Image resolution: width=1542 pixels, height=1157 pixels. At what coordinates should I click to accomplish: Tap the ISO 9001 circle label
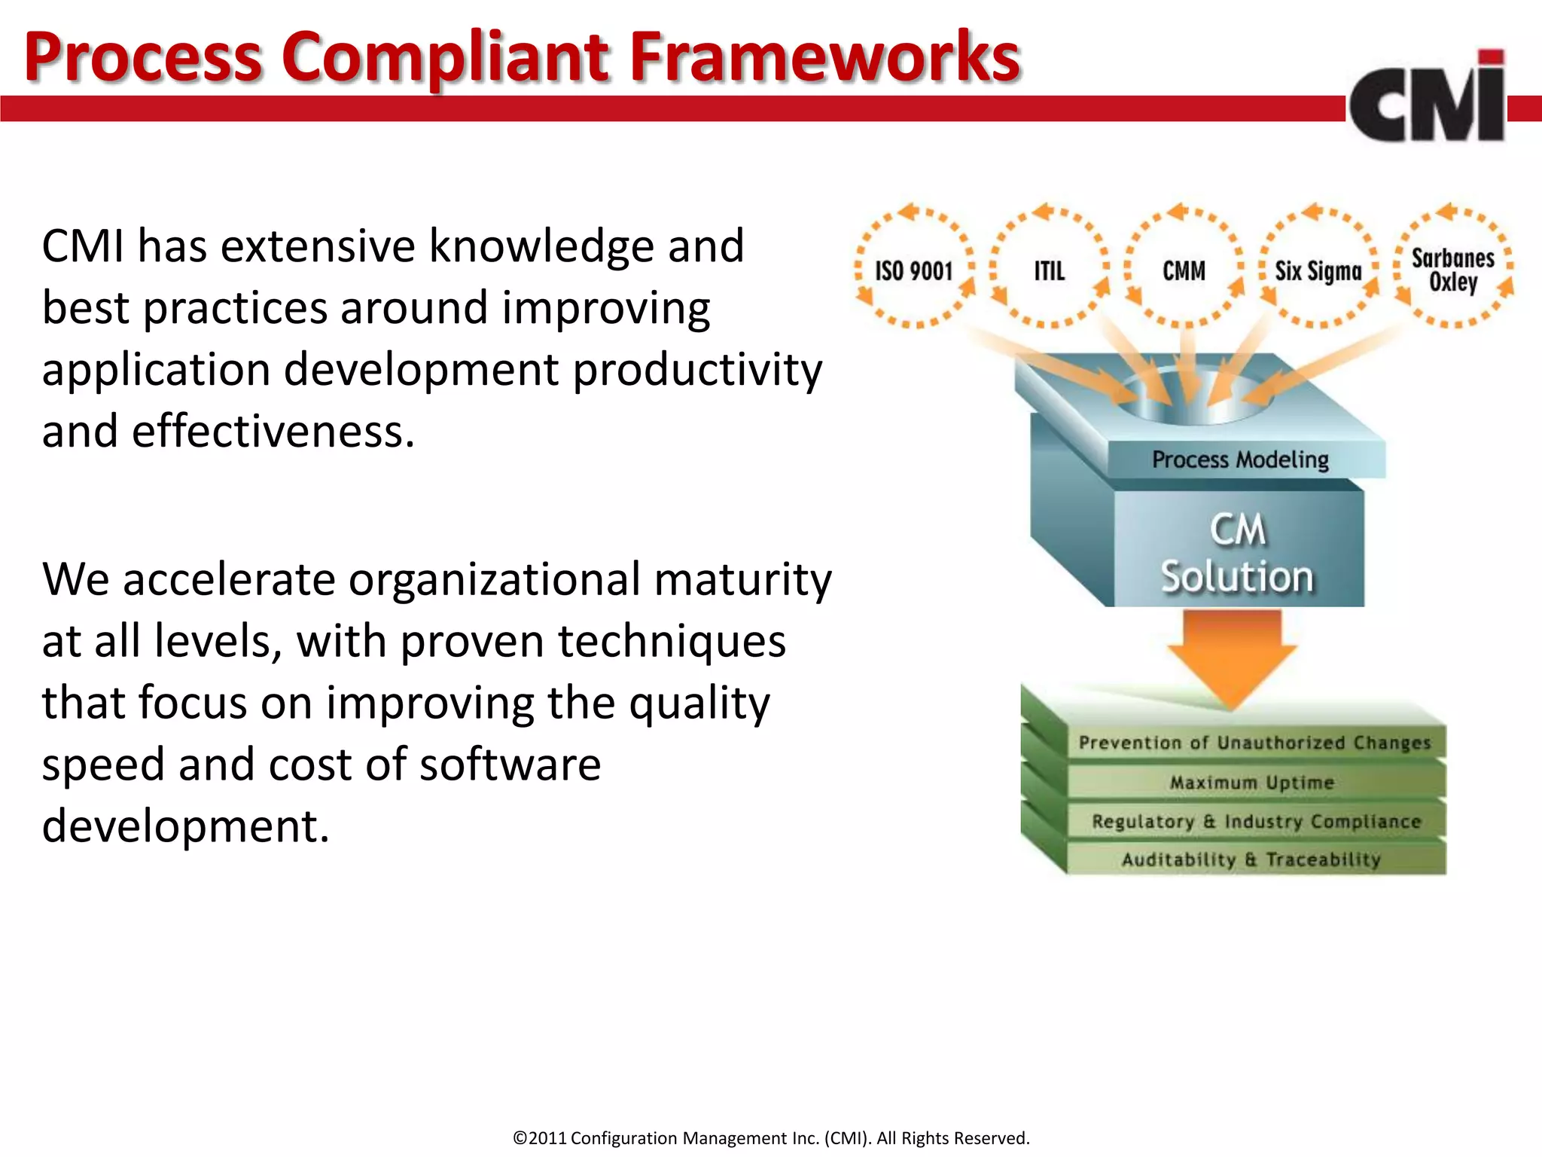(x=913, y=271)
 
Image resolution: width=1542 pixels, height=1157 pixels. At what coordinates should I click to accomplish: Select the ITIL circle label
(x=1049, y=271)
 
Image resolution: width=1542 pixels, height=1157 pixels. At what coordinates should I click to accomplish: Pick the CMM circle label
(x=1184, y=271)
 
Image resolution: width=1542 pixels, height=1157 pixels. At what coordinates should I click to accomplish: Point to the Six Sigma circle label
(x=1318, y=271)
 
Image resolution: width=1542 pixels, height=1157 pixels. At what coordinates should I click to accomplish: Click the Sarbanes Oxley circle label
(x=1452, y=270)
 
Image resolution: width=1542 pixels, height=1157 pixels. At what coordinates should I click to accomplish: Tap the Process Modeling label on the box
(x=1240, y=459)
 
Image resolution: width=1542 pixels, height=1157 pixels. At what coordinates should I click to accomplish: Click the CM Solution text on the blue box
(x=1237, y=554)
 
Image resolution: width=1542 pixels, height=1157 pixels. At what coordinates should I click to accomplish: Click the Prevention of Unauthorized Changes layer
(x=1254, y=743)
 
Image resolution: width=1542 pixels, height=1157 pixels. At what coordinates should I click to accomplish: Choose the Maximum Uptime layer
(x=1251, y=783)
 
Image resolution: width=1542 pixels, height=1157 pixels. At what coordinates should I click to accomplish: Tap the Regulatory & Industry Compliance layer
(x=1256, y=821)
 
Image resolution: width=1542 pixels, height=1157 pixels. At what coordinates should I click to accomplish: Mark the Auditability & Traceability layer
(x=1251, y=859)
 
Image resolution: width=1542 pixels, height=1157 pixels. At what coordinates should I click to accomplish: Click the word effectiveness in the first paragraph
(x=273, y=432)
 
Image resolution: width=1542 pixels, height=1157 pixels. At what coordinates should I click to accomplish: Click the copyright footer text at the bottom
(x=771, y=1137)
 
